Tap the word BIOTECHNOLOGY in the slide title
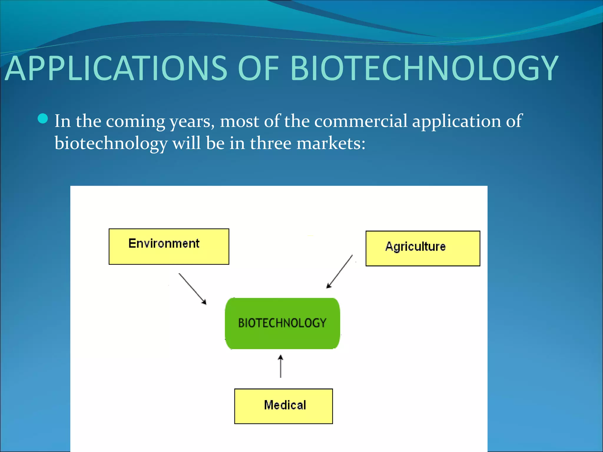coord(424,68)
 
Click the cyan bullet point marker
coord(43,119)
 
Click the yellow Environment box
coord(169,247)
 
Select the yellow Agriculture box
coord(423,248)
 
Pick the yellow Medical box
coord(283,406)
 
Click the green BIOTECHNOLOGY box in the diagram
coord(282,323)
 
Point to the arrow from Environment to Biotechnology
coord(193,289)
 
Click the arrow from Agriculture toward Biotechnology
coord(339,271)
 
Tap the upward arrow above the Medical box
coord(281,366)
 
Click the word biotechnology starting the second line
coord(111,144)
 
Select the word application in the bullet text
coord(456,121)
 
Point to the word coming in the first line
coord(135,122)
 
